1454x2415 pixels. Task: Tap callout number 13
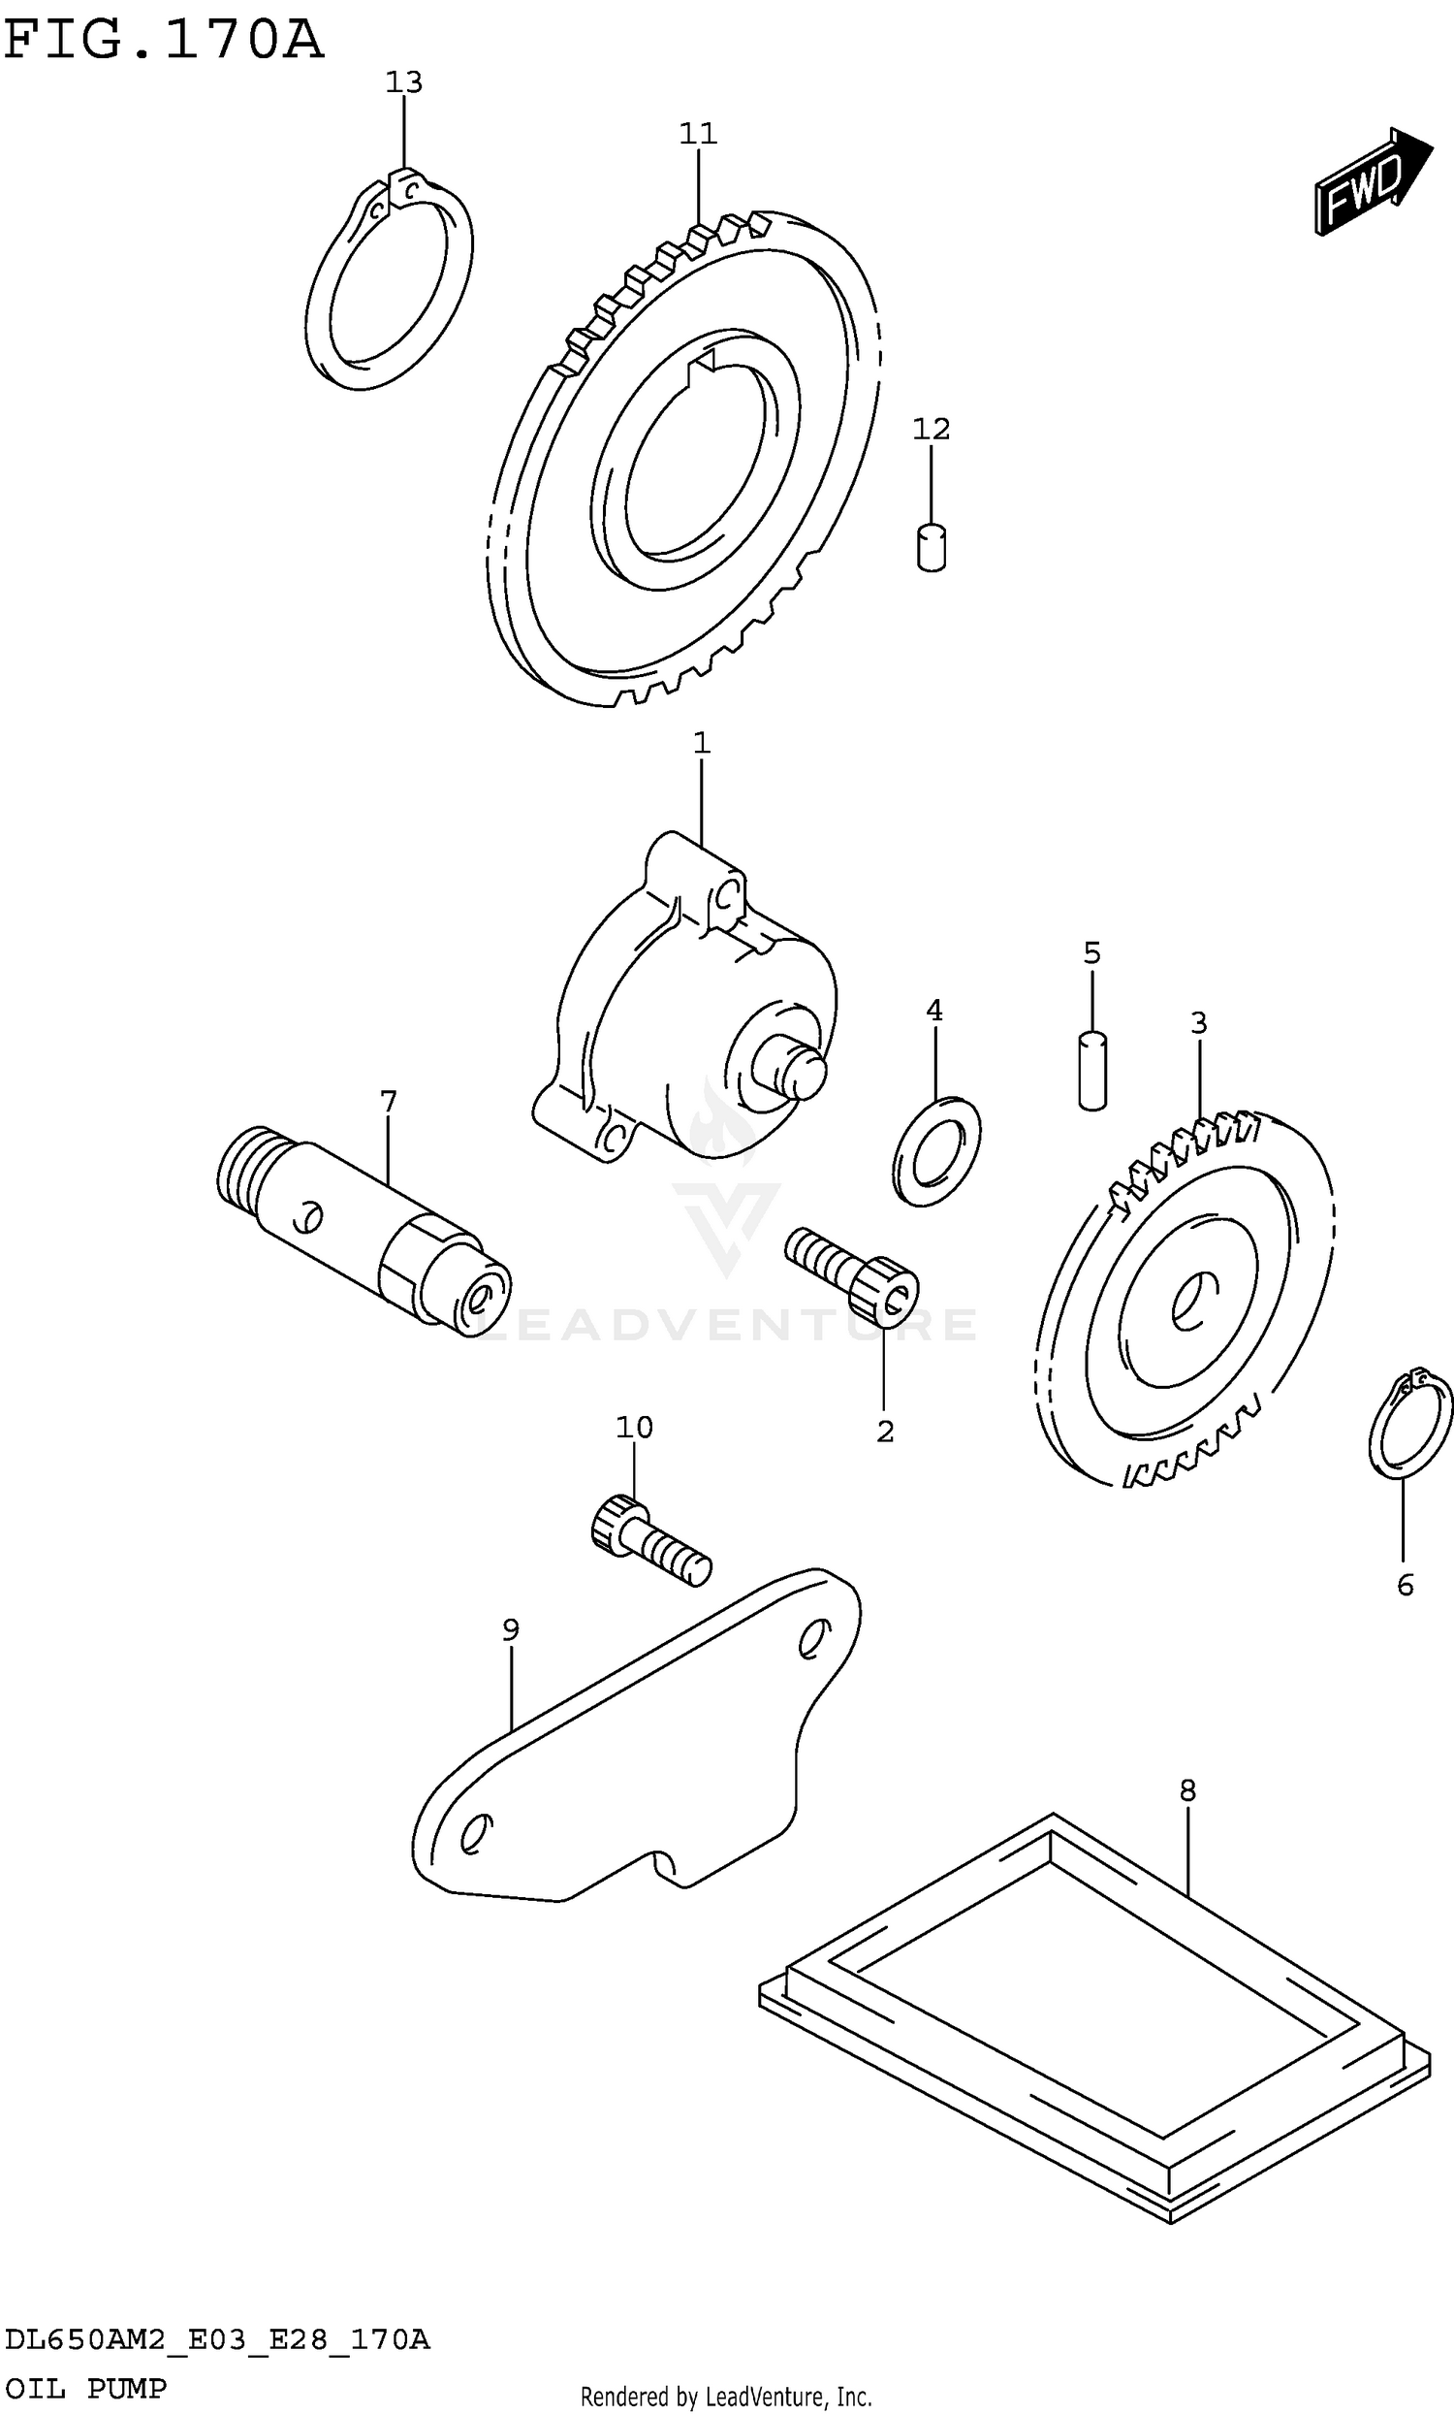[x=403, y=83]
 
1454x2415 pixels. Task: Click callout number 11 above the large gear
[x=699, y=133]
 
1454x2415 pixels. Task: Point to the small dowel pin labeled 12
[x=931, y=548]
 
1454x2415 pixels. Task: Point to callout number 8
[x=1187, y=1791]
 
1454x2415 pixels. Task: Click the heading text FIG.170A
[x=162, y=41]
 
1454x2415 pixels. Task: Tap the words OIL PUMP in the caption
[x=86, y=2389]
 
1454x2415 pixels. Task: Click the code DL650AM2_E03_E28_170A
[x=216, y=2339]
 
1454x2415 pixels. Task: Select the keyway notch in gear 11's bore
[x=705, y=370]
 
